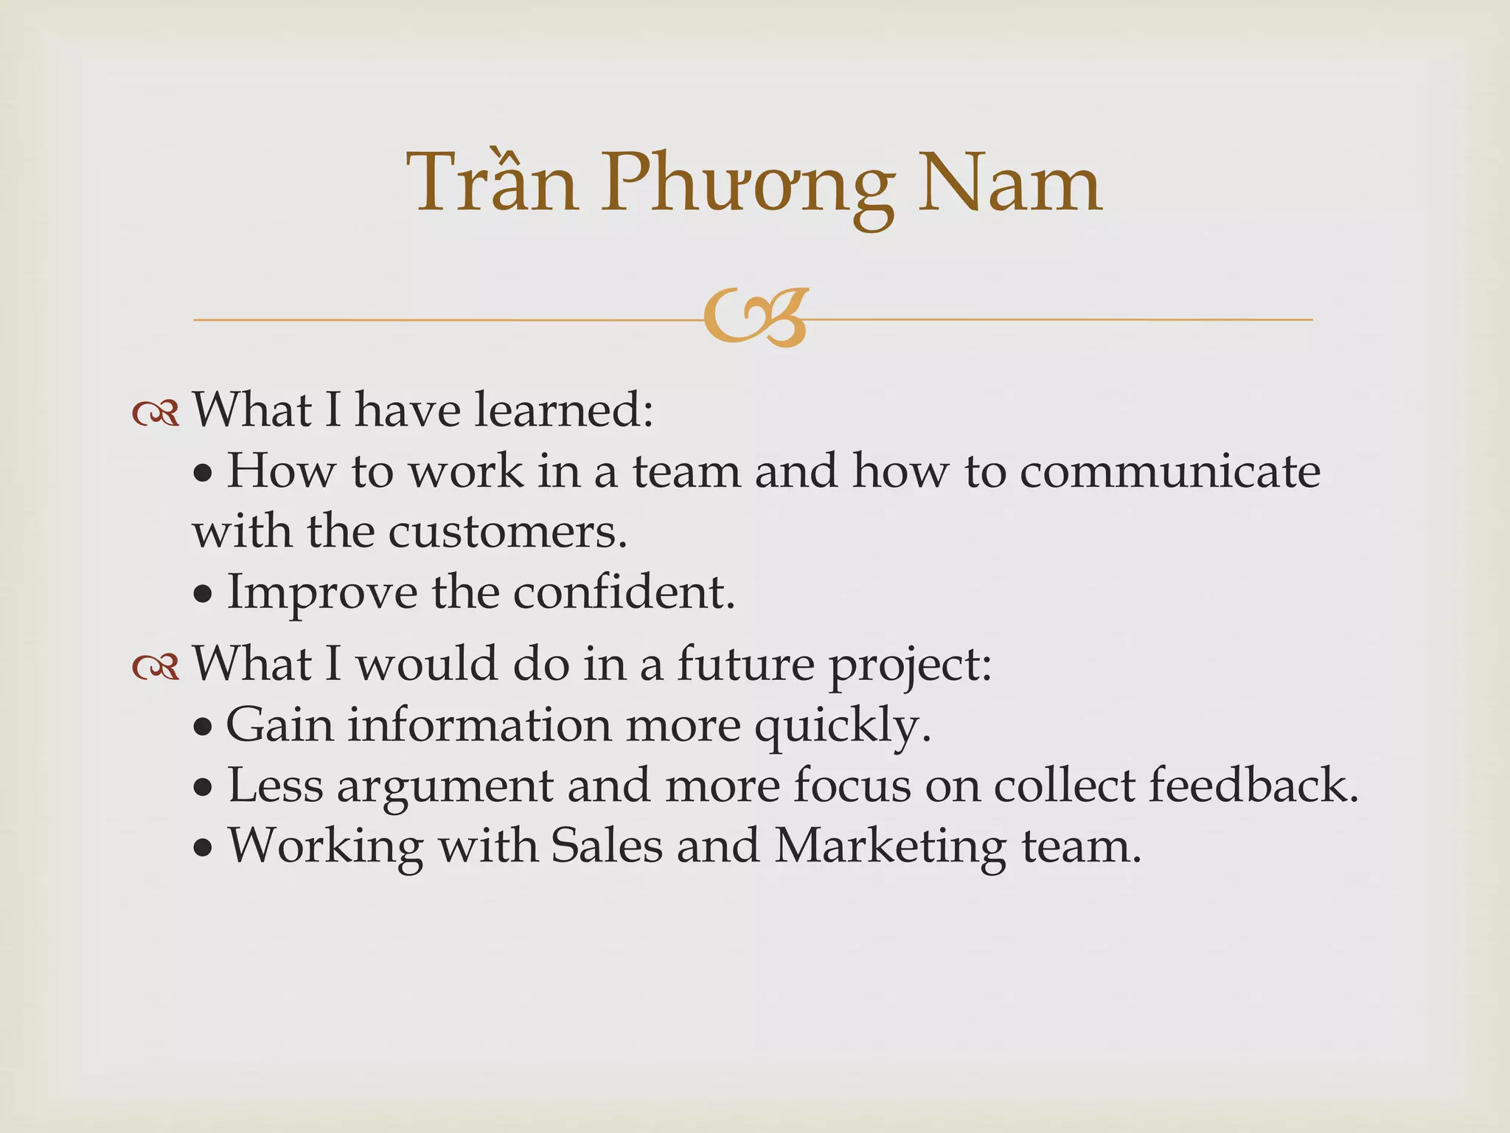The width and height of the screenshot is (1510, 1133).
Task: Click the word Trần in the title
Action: pos(493,182)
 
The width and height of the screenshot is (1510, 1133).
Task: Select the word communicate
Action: pos(1170,471)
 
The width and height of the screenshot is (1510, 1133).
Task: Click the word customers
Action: pos(507,531)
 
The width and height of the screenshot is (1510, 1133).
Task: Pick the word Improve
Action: pos(321,592)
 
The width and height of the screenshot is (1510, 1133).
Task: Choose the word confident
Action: pos(624,592)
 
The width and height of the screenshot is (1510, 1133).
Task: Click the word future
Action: pos(745,663)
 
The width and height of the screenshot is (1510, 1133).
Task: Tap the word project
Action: pos(911,666)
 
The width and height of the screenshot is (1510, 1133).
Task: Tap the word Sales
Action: pos(607,845)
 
